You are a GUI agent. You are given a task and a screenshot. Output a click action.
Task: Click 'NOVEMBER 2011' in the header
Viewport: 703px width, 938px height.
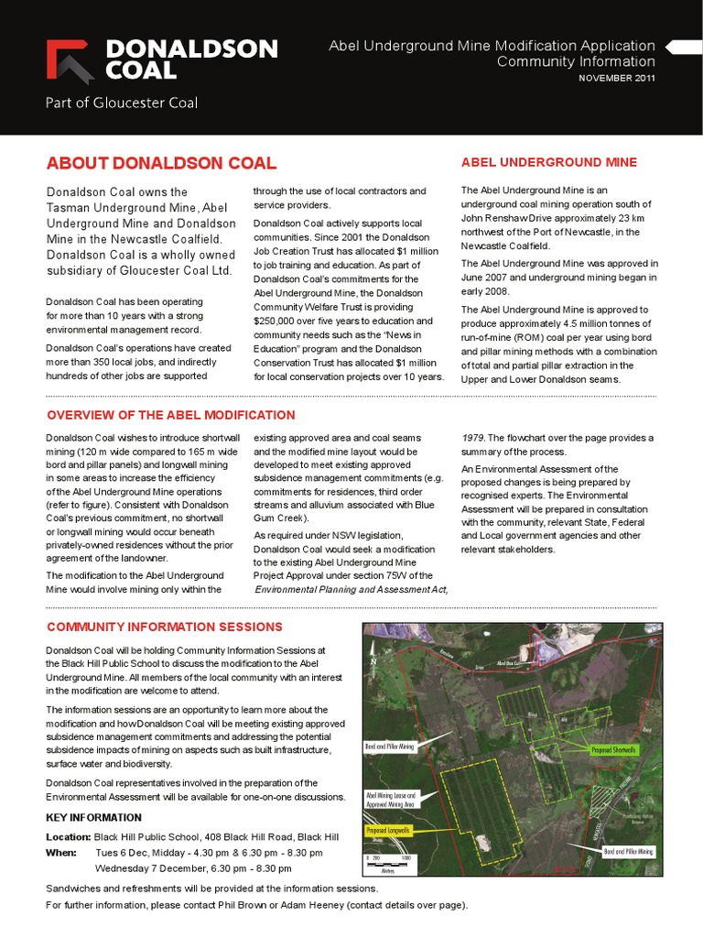tap(616, 78)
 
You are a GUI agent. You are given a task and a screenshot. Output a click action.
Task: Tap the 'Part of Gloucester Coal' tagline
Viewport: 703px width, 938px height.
tap(122, 103)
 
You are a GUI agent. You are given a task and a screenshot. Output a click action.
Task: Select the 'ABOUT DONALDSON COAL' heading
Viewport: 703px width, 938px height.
tap(161, 164)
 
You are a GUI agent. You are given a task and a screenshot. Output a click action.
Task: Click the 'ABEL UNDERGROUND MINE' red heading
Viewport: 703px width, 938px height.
tap(549, 162)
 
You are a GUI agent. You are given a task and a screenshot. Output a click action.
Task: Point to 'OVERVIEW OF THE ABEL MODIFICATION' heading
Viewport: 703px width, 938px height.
tap(171, 415)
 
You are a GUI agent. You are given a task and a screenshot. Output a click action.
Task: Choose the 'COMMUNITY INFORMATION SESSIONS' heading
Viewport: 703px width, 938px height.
tap(165, 627)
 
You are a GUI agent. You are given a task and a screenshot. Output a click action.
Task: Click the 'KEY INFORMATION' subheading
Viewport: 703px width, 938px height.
tap(93, 817)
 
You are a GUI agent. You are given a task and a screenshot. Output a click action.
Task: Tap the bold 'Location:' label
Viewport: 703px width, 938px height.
tap(68, 837)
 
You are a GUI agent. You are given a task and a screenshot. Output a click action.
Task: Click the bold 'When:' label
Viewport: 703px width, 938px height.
tap(60, 852)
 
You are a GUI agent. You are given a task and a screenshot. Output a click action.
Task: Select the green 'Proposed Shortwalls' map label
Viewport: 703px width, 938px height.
tap(613, 749)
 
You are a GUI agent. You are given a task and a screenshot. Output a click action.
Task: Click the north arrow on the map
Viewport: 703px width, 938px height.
tap(373, 661)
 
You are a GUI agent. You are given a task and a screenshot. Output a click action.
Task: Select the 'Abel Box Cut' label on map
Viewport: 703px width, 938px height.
tap(509, 663)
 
